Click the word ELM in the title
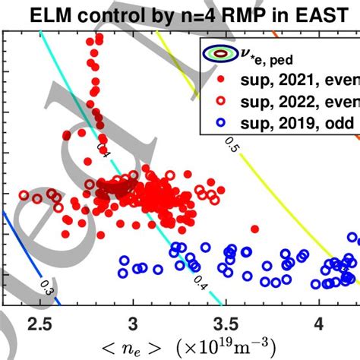(48, 13)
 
